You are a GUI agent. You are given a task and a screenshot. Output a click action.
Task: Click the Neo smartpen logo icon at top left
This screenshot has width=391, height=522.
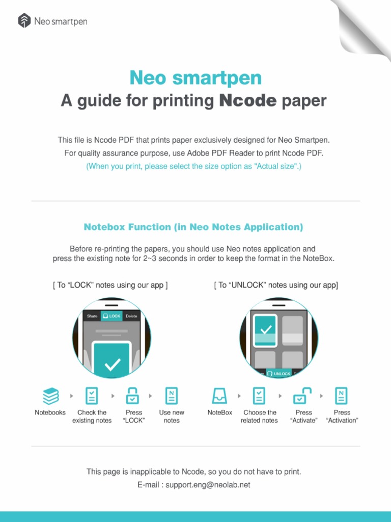click(x=24, y=21)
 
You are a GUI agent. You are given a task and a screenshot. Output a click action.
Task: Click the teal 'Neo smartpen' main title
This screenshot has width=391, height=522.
click(x=195, y=78)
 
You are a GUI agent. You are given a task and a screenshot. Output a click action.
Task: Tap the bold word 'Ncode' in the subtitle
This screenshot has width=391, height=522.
click(x=247, y=101)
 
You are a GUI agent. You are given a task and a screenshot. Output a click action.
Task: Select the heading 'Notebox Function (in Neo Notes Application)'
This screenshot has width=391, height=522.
click(x=193, y=227)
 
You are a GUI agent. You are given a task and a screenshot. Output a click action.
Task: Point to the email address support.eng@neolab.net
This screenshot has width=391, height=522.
click(x=208, y=485)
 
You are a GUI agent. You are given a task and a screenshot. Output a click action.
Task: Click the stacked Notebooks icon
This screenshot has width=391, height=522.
click(x=50, y=396)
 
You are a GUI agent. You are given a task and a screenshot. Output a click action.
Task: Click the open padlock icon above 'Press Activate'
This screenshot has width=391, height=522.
click(x=303, y=396)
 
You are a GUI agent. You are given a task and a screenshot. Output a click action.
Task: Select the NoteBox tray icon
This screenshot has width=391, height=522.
click(x=220, y=396)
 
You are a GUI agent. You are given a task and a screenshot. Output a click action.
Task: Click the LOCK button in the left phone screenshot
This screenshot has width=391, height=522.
click(x=112, y=316)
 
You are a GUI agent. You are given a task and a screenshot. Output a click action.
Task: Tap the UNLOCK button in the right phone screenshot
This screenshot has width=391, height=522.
click(x=279, y=374)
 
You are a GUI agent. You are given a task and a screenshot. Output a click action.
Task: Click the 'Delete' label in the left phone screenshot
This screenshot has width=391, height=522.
click(x=131, y=316)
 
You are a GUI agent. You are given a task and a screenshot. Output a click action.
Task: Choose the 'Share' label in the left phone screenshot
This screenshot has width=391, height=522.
click(x=92, y=316)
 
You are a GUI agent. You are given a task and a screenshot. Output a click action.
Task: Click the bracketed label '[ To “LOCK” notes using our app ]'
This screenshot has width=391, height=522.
click(x=110, y=285)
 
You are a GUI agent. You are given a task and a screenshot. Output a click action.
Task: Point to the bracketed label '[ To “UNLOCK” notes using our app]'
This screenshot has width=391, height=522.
click(x=276, y=285)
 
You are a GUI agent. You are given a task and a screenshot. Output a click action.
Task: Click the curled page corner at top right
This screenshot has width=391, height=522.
click(x=364, y=23)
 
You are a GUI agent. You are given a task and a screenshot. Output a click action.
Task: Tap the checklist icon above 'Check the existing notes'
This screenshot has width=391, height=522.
click(x=92, y=396)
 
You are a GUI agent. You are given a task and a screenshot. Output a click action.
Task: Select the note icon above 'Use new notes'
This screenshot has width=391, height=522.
click(x=172, y=396)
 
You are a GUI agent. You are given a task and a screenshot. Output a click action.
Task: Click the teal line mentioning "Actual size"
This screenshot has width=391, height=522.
click(x=193, y=167)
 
